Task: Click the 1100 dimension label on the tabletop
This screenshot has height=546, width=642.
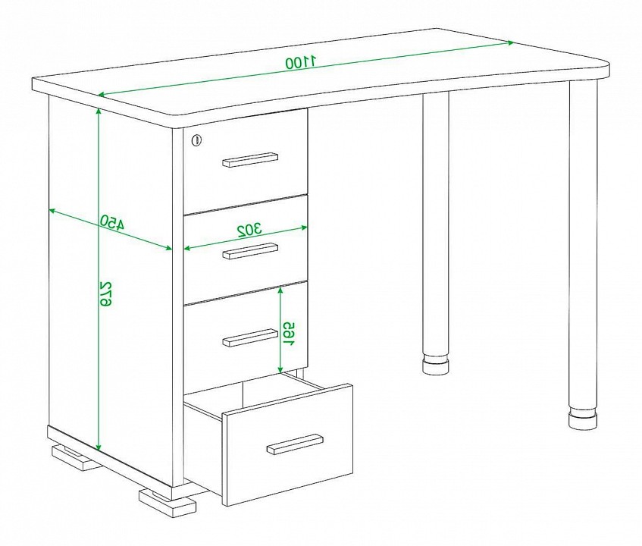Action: coord(301,63)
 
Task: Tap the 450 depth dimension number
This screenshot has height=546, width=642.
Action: coord(112,222)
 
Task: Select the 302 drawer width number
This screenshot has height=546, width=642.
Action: coord(250,230)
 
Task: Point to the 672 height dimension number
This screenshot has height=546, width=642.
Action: coord(105,293)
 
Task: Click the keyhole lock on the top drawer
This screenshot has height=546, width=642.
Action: coord(197,140)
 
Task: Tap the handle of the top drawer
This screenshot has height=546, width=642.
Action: coord(250,160)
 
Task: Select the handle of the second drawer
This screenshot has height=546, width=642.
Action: coord(250,251)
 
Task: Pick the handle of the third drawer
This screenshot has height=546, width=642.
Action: coord(250,337)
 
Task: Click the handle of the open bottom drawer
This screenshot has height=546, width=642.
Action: coord(295,444)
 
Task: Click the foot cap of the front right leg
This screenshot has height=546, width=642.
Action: coord(583,419)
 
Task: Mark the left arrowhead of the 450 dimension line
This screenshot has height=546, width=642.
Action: coord(52,211)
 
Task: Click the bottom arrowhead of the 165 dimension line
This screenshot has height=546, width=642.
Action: coord(280,369)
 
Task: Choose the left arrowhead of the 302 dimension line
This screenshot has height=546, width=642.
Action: coord(187,248)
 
